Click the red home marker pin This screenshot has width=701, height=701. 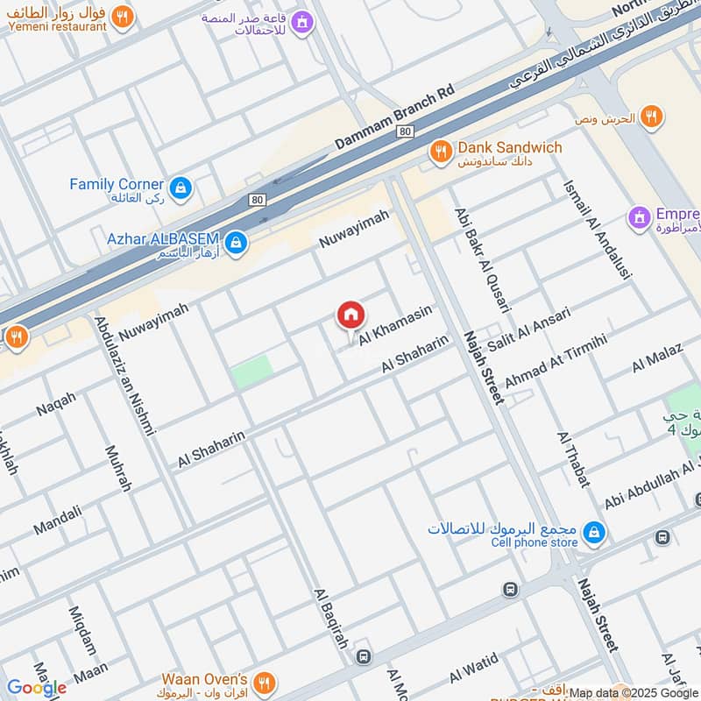tap(351, 315)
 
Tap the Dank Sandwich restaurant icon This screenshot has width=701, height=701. tap(440, 153)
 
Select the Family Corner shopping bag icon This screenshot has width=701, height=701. tap(180, 188)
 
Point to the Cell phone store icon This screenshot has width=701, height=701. tap(593, 532)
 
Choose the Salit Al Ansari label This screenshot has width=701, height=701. tap(528, 329)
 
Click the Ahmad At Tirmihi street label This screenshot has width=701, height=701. tap(555, 355)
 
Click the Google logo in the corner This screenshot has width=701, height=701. tap(36, 688)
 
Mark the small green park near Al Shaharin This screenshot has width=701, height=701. tap(251, 374)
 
